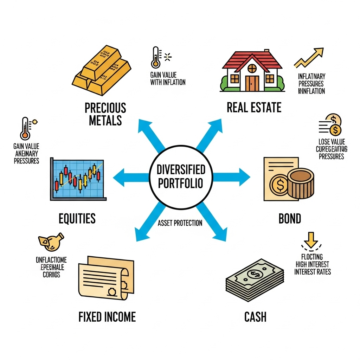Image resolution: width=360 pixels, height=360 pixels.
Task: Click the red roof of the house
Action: [x=252, y=60]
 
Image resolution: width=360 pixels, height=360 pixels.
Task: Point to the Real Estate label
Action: [x=254, y=107]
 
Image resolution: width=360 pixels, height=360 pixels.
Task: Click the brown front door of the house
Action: [x=252, y=83]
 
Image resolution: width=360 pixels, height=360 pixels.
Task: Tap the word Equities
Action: [x=77, y=218]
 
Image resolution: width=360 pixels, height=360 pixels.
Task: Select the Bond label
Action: [x=290, y=219]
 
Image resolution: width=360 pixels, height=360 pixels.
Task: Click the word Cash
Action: [x=255, y=317]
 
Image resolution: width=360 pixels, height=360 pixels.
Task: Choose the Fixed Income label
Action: [x=107, y=317]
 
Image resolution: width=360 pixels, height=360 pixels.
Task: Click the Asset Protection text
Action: [x=180, y=223]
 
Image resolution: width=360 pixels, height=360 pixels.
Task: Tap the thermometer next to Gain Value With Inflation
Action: [x=155, y=58]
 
